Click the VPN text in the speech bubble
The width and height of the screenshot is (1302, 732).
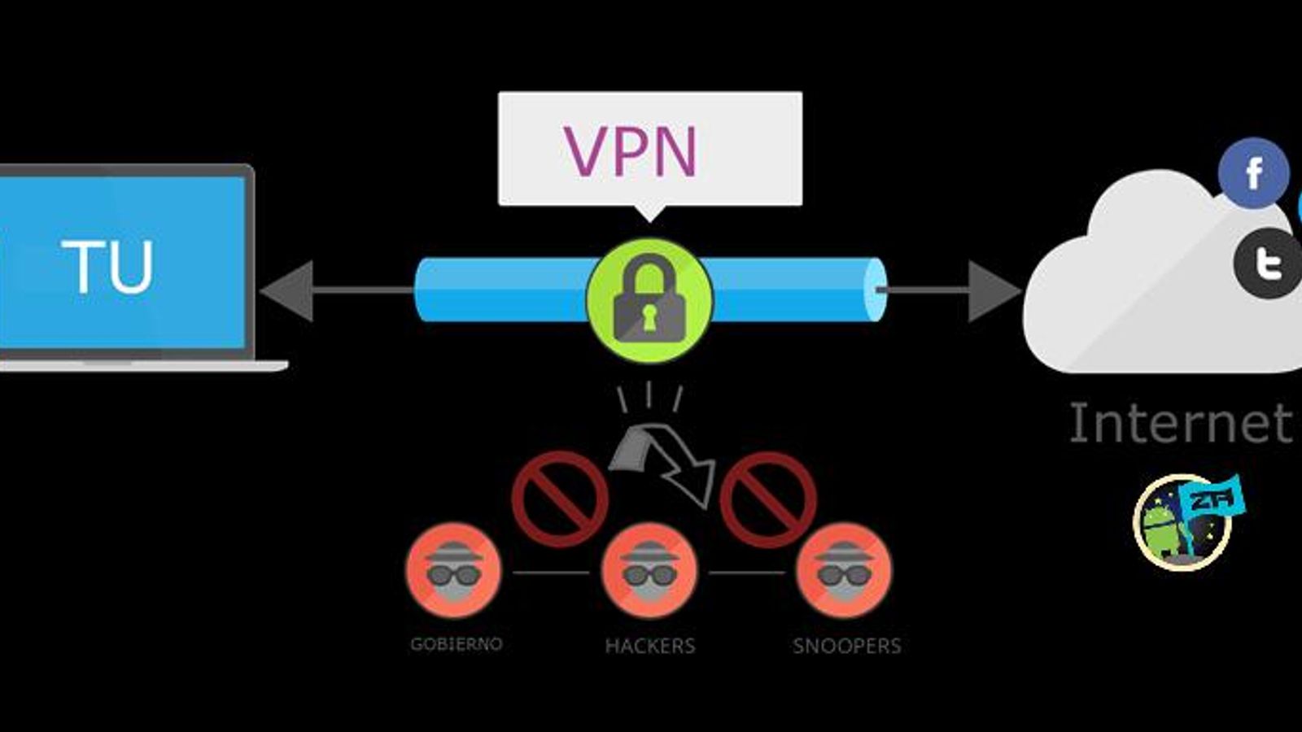[x=631, y=150]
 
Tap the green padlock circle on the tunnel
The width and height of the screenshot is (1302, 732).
[x=649, y=300]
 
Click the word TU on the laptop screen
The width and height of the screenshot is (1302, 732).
[x=107, y=267]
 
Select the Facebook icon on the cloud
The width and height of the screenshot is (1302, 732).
[x=1253, y=173]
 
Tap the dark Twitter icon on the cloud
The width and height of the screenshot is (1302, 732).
[x=1268, y=263]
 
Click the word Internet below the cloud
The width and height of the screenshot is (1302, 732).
[x=1180, y=423]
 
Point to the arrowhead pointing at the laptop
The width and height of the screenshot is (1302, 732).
[x=287, y=290]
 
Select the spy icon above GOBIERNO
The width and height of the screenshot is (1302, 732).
[x=454, y=570]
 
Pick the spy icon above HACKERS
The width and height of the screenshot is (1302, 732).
[x=649, y=570]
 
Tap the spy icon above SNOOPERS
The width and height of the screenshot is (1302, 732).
[x=844, y=570]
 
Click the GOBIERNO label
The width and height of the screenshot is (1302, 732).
[x=456, y=644]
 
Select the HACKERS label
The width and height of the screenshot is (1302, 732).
[x=649, y=646]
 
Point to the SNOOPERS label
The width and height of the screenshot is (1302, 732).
[x=846, y=646]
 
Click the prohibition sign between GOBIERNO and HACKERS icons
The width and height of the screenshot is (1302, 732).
[x=560, y=499]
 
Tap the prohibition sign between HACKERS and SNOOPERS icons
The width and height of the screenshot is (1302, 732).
[x=767, y=499]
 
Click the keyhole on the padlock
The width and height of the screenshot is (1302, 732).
[x=649, y=317]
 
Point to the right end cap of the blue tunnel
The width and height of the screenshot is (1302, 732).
[x=874, y=290]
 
